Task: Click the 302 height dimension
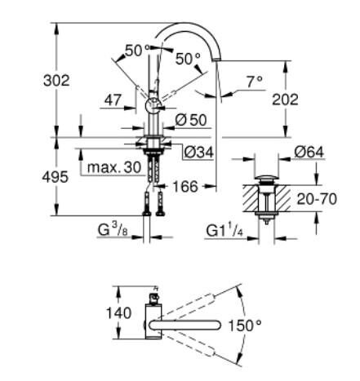click(56, 81)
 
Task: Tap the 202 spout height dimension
click(306, 100)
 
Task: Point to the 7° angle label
click(254, 82)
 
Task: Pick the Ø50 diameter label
click(190, 120)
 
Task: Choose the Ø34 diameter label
click(198, 151)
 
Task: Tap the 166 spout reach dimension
click(187, 188)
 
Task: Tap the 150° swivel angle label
click(245, 326)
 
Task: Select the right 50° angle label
click(187, 59)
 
